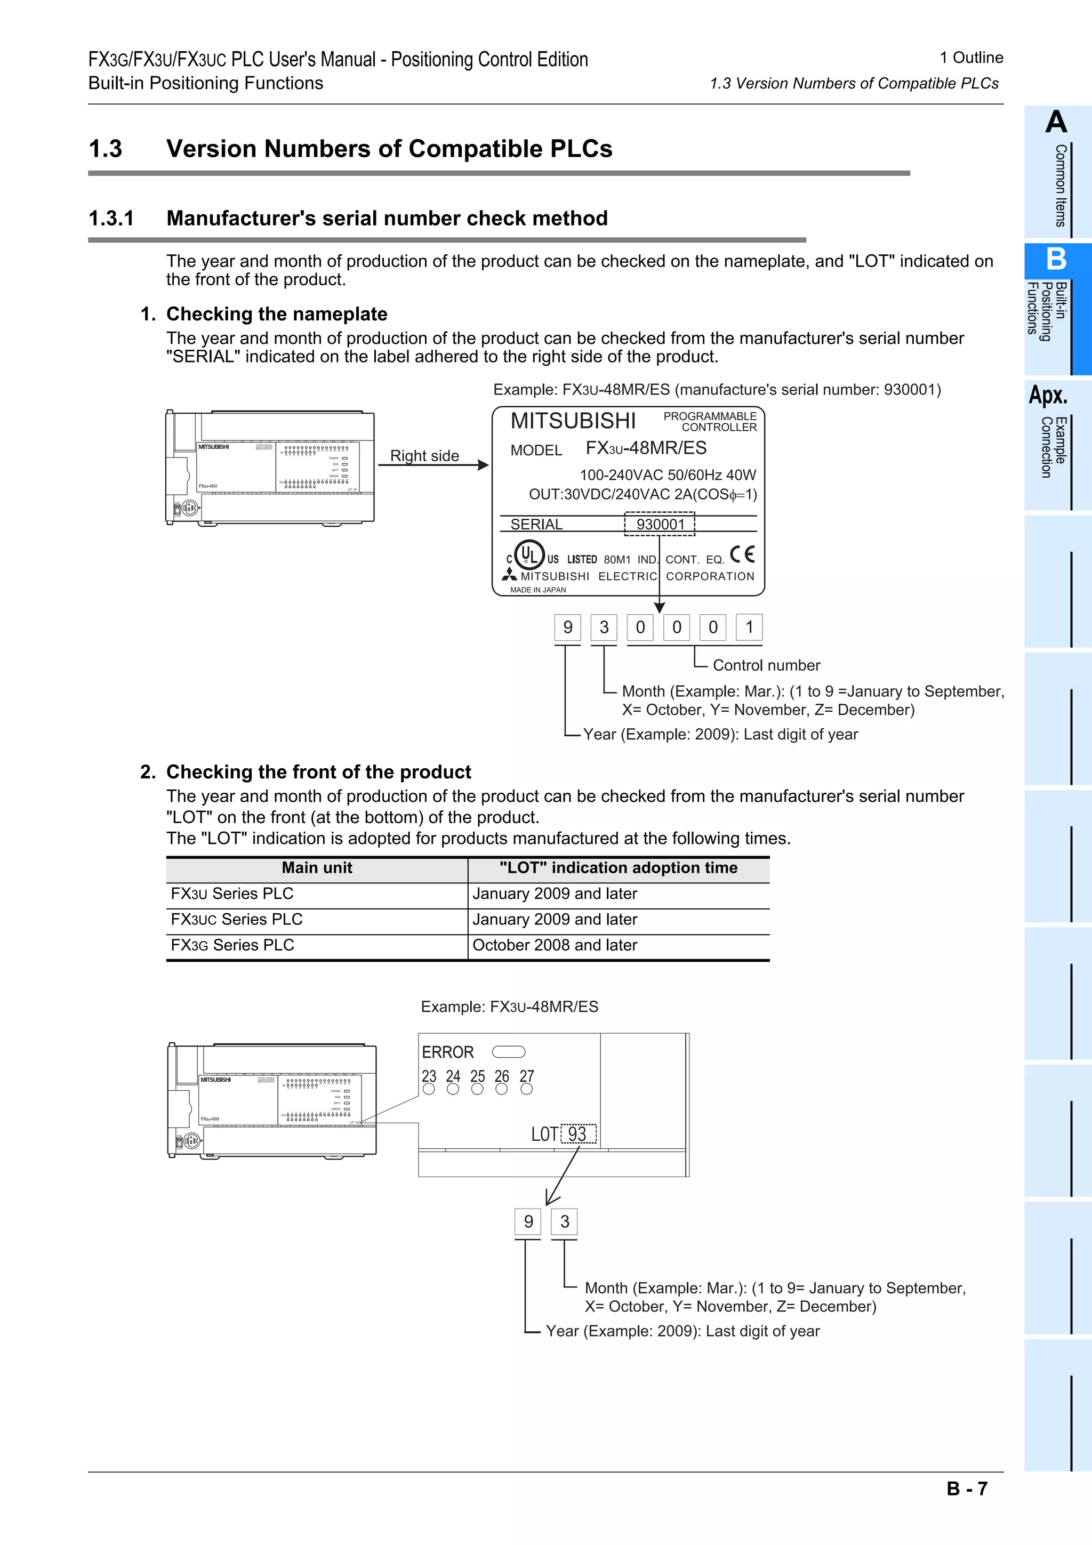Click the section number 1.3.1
coord(111,219)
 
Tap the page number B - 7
coord(967,1488)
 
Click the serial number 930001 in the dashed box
coord(660,524)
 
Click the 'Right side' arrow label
coord(424,456)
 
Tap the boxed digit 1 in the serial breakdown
coord(749,627)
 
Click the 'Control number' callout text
coord(766,665)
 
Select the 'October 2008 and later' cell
coord(555,945)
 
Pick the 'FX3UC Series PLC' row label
coord(237,919)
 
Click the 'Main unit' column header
coord(317,868)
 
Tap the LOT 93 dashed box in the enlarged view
coord(578,1134)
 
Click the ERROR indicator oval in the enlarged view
coord(509,1052)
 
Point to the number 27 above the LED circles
coord(527,1076)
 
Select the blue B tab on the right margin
coord(1056,260)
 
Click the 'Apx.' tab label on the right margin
coord(1048,395)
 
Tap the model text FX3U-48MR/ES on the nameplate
coord(646,448)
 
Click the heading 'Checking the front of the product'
coord(318,772)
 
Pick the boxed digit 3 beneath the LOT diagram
coord(565,1221)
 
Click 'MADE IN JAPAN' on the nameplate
coord(537,590)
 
